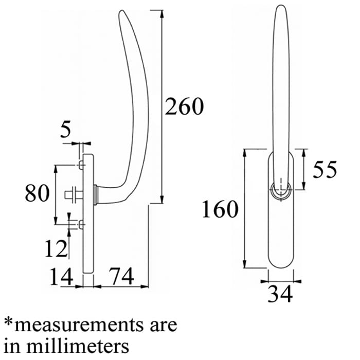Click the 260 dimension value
coord(184,106)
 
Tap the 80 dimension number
coord(37,193)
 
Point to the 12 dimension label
coord(56,248)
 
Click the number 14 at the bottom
coord(62,276)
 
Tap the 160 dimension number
coord(220,209)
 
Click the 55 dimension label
coord(325,169)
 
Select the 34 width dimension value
coord(280,294)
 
